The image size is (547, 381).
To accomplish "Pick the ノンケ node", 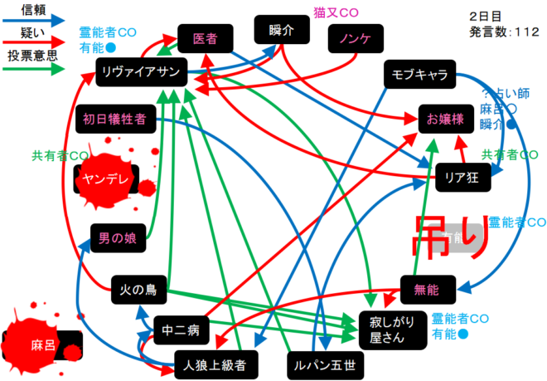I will point(354,39).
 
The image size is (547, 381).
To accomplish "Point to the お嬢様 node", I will point(446,120).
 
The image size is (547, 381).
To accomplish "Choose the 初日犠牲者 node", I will point(114,119).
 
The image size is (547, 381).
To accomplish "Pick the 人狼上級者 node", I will point(211,363).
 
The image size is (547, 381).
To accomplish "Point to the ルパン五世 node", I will point(319,364).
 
